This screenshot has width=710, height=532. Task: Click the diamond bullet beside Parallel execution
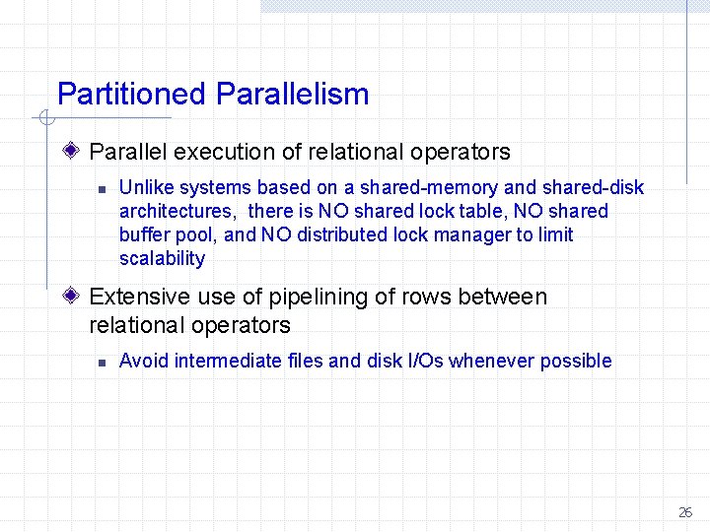(73, 152)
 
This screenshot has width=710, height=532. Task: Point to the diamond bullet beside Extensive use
(73, 297)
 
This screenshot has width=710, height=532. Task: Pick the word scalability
(162, 258)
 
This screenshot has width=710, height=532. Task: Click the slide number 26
(685, 512)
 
